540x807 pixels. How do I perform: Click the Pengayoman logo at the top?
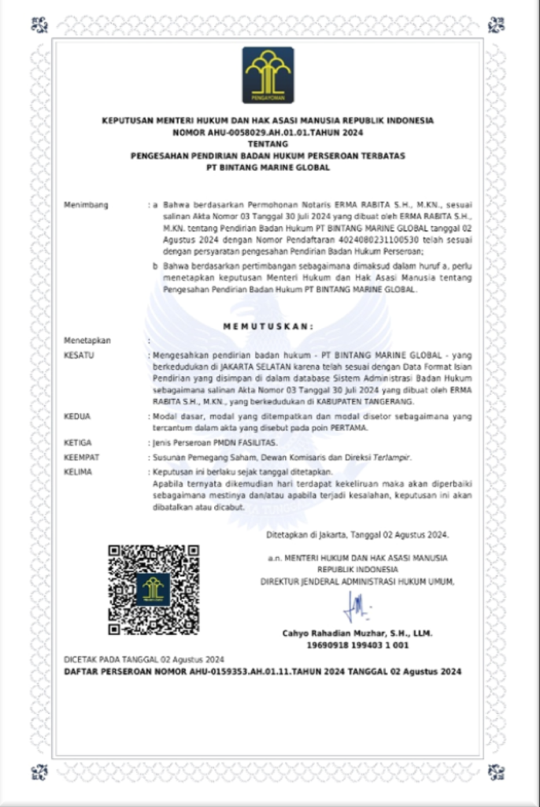point(268,75)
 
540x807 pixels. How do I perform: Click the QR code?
point(153,589)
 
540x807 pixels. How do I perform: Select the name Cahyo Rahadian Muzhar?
point(357,633)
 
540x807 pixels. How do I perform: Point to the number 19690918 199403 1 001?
point(357,645)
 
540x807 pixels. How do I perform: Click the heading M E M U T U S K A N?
point(268,325)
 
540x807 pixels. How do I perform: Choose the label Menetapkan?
point(87,340)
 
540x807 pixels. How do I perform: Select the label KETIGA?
point(77,443)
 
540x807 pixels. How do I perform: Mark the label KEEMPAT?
point(80,457)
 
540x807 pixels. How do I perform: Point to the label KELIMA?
point(77,471)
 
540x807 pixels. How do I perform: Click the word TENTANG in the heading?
point(268,144)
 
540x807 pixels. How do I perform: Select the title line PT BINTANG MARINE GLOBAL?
point(268,168)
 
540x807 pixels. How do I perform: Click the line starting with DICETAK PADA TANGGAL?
point(144,659)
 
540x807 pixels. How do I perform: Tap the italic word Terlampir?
point(390,457)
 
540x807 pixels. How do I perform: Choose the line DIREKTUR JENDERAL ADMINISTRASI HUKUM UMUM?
point(358,581)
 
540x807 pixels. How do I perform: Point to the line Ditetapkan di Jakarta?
point(358,535)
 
